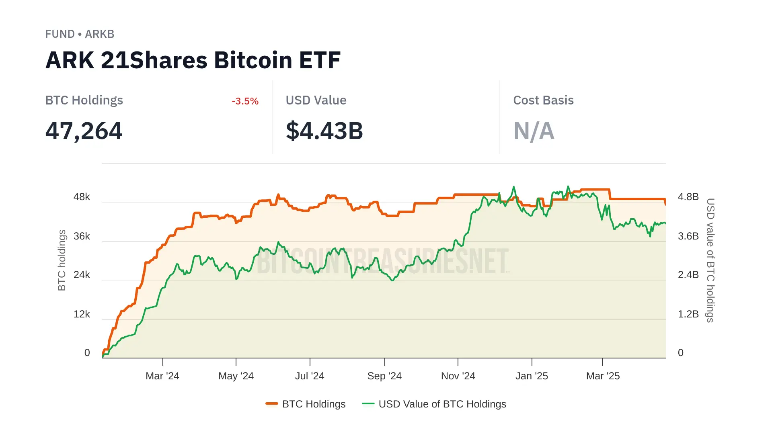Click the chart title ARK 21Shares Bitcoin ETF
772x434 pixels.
tap(193, 60)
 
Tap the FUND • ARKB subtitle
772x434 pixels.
tap(80, 34)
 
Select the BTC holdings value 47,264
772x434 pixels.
tap(84, 131)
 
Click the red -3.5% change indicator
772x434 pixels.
tap(245, 101)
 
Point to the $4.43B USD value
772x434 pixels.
tap(324, 131)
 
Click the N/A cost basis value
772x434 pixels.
tap(534, 131)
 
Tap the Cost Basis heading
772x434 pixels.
tap(543, 100)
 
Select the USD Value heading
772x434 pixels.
tap(316, 100)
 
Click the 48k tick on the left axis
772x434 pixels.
tap(82, 197)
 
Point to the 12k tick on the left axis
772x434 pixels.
tap(82, 314)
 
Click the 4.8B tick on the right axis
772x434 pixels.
tap(688, 197)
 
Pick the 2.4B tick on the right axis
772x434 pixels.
tap(688, 275)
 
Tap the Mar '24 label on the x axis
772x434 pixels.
tap(162, 376)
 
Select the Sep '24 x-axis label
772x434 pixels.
tap(384, 376)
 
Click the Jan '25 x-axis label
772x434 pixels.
tap(532, 376)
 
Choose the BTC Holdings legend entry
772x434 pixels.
tap(306, 404)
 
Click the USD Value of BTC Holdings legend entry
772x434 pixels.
tap(434, 404)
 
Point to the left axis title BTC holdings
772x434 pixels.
tap(62, 260)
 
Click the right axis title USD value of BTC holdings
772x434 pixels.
tap(710, 260)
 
